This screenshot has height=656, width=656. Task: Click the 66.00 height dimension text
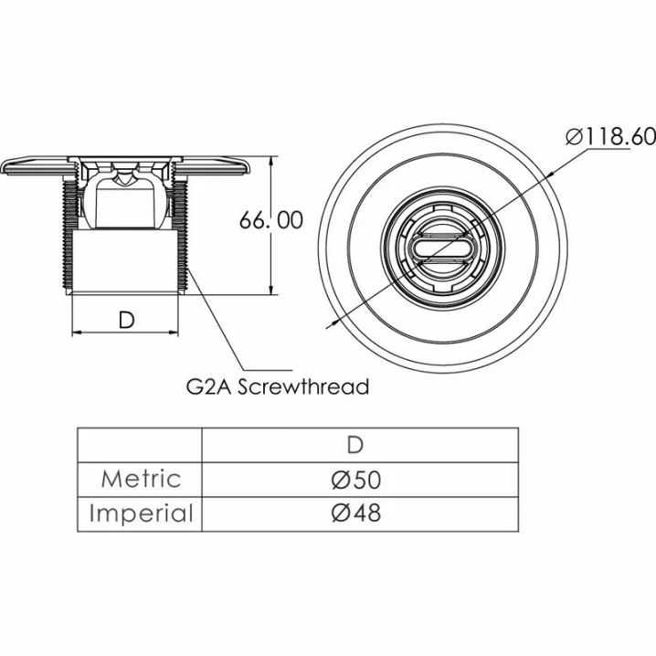(271, 220)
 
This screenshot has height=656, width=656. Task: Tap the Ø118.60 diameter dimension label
(610, 136)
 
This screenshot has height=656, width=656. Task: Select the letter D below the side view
(126, 320)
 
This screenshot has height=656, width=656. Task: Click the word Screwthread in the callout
(303, 386)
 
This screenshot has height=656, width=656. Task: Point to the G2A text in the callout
(209, 387)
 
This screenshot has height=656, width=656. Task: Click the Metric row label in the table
(141, 479)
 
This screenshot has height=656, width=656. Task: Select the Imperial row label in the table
(141, 513)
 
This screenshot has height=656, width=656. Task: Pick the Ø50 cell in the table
(356, 480)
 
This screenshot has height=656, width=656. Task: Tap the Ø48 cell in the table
(356, 512)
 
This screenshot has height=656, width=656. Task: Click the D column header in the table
(355, 445)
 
